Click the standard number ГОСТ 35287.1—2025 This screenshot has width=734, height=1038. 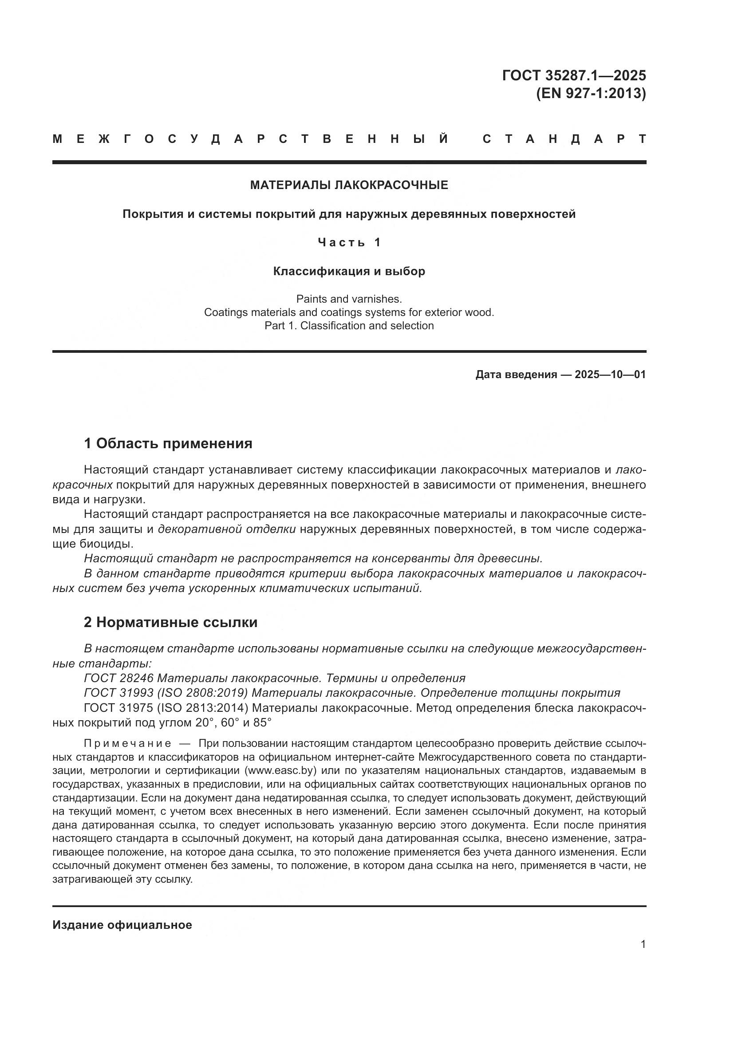[x=573, y=75]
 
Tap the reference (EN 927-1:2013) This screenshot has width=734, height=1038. [x=591, y=93]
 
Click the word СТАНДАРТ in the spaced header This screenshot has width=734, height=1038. [x=564, y=139]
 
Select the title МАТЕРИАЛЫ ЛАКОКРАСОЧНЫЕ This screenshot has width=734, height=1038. [x=349, y=185]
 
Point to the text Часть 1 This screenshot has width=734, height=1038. [x=349, y=243]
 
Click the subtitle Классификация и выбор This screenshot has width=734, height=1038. [x=349, y=271]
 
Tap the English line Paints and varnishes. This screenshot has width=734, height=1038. [x=349, y=299]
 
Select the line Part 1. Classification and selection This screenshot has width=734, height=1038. [x=349, y=325]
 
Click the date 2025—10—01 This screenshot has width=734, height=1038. [x=610, y=375]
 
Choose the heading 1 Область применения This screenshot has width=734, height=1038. [x=168, y=443]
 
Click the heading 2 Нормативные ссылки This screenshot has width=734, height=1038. [x=170, y=623]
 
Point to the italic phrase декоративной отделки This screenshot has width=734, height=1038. [x=226, y=529]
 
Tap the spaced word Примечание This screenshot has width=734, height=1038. [x=127, y=744]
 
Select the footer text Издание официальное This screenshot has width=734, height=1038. [x=122, y=925]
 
